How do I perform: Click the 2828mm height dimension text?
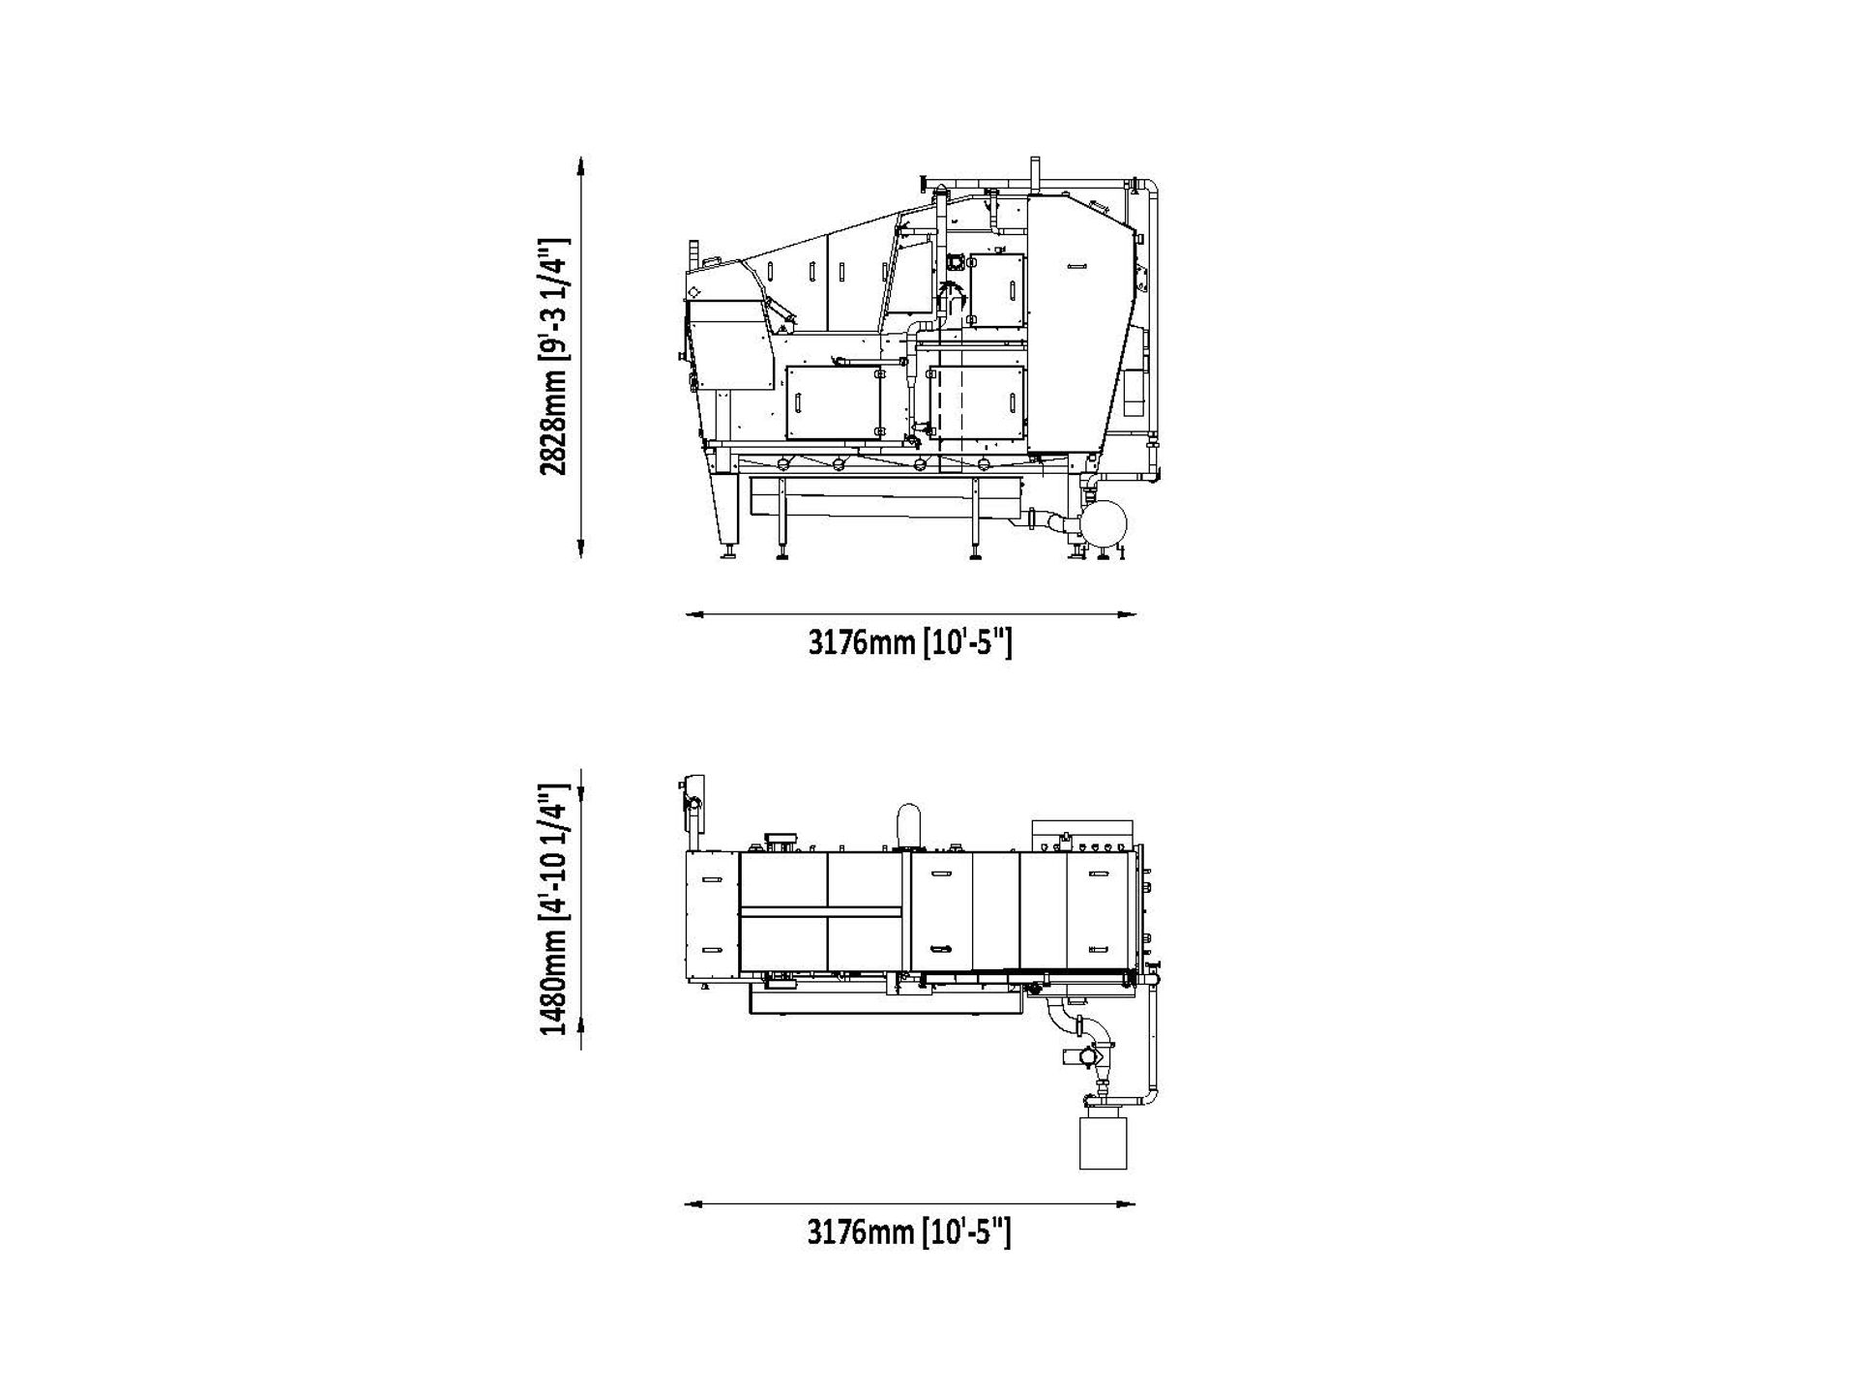(554, 357)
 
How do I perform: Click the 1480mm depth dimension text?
(554, 922)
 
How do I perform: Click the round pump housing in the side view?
(1105, 522)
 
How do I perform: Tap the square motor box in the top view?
(1103, 1141)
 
